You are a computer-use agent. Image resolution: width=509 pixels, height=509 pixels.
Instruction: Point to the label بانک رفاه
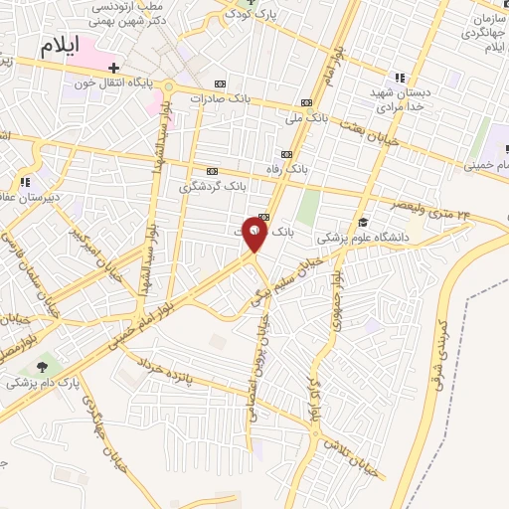[286, 170]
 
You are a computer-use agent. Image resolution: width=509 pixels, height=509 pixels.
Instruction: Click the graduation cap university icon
[364, 223]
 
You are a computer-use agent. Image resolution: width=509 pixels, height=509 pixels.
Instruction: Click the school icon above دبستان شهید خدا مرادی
[399, 77]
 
